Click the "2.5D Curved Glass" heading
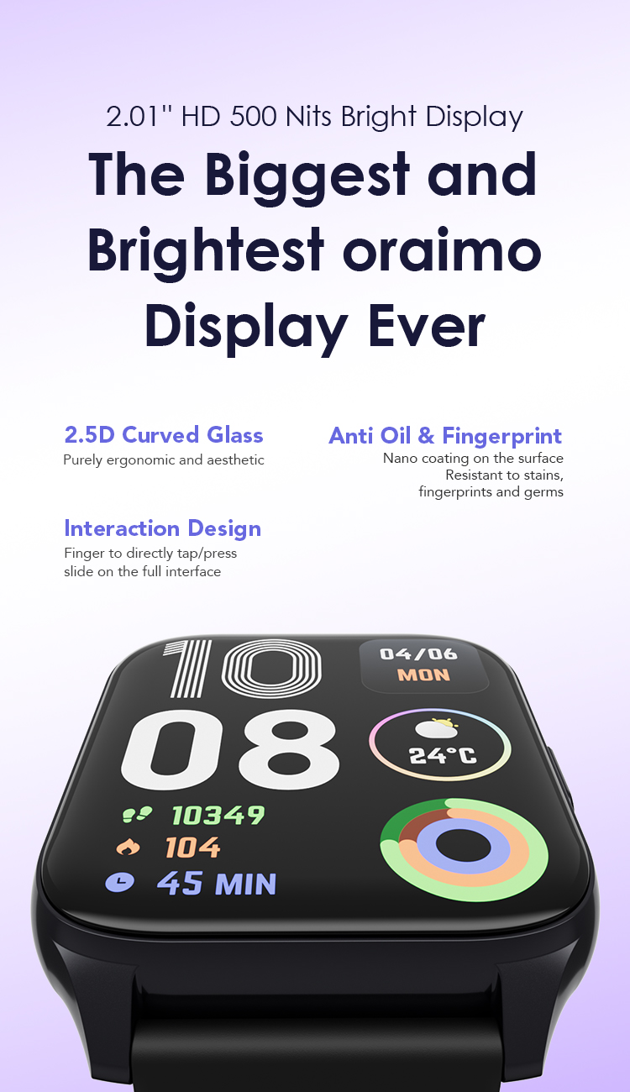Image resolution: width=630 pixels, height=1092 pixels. tap(164, 435)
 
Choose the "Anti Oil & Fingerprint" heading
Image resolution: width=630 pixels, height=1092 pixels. tap(445, 436)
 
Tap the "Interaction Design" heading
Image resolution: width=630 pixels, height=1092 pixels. tap(162, 528)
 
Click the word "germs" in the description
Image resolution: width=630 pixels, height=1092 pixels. tap(544, 491)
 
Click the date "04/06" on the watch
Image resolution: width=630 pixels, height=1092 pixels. tap(418, 654)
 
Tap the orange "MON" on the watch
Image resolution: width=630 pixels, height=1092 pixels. tap(423, 675)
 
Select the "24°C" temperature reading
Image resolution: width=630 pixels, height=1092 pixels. tap(443, 754)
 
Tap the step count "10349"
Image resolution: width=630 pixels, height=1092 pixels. tap(218, 814)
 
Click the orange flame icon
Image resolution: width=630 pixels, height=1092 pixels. tap(128, 848)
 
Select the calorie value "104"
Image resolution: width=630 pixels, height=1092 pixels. tap(192, 848)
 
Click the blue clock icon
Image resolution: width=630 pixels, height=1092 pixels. tap(119, 882)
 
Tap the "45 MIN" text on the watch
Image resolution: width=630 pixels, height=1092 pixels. tap(217, 883)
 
